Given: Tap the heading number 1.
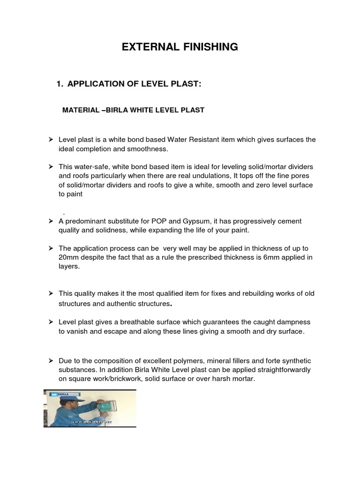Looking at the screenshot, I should tap(59, 84).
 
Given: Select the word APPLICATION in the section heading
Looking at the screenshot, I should tap(96, 84).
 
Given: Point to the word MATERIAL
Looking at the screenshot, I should tap(81, 110).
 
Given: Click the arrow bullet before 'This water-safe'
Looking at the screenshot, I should tap(51, 166).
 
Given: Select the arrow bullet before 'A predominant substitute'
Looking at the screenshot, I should tap(51, 221).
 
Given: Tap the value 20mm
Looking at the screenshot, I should tap(68, 257).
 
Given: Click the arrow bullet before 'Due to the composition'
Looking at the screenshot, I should tap(51, 360).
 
